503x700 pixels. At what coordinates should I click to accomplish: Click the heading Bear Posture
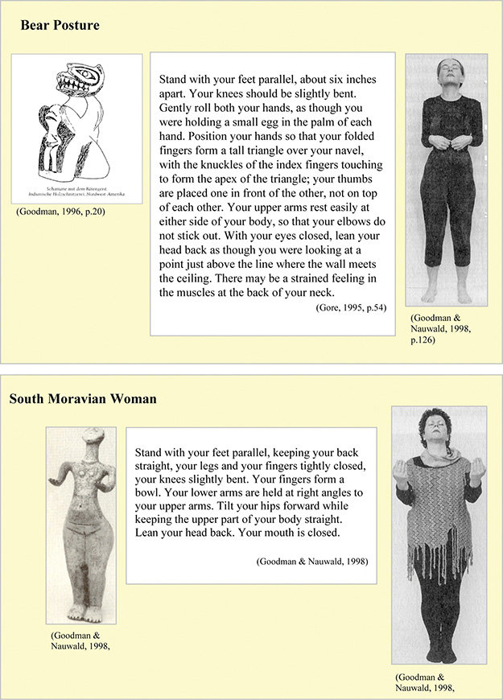coord(60,26)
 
